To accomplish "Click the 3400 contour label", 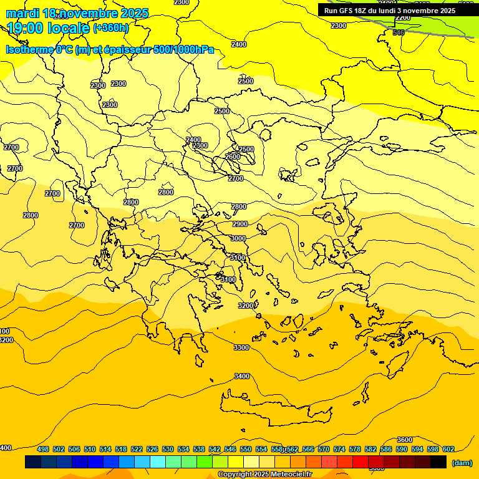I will coord(241,376).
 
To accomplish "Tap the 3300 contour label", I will coord(241,347).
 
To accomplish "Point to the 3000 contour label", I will coord(238,238).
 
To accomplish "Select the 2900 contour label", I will coord(239,224).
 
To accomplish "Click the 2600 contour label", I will coord(233,157).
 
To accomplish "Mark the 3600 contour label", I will coord(405,440).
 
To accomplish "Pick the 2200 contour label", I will coord(403,17).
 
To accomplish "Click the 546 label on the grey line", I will coord(399,32).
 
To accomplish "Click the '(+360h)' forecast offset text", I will coord(111,27).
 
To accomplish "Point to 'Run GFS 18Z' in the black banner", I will coord(345,11).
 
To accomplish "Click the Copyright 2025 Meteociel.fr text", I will coord(264,475).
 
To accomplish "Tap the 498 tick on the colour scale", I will coord(43,449).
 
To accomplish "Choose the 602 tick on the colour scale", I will coord(448,449).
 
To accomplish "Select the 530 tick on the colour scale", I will coord(168,449).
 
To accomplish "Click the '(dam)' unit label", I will coord(462,462).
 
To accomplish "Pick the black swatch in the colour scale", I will coord(438,462).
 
